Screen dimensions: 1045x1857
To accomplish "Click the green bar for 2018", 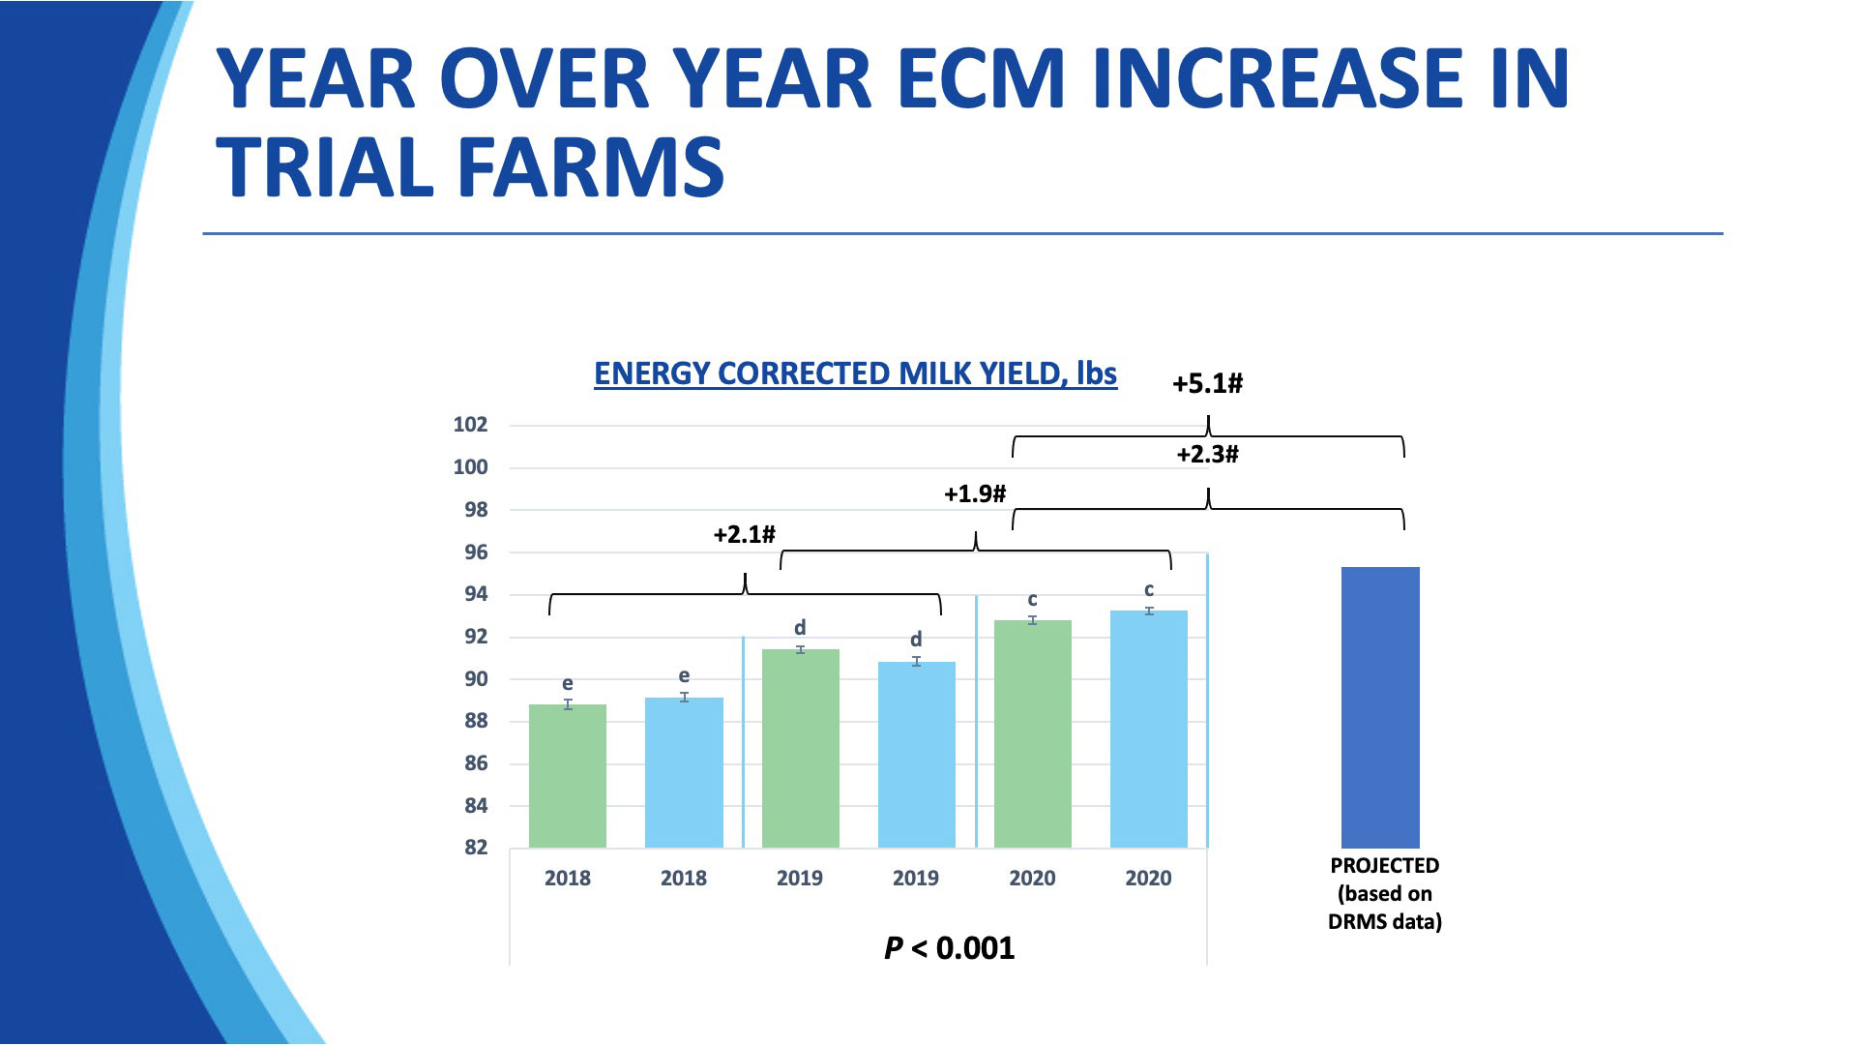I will pyautogui.click(x=568, y=776).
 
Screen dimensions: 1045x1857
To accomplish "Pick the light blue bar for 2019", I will pyautogui.click(x=916, y=755).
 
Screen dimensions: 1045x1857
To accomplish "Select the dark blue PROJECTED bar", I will pyautogui.click(x=1380, y=707).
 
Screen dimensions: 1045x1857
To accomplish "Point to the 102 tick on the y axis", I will pyautogui.click(x=471, y=425).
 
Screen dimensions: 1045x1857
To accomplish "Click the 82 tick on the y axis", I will pyautogui.click(x=476, y=848).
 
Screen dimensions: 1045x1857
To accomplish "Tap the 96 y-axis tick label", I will pyautogui.click(x=476, y=552).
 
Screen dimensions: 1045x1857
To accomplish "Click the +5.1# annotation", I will pyautogui.click(x=1207, y=384).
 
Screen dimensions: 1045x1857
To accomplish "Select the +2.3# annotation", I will pyautogui.click(x=1207, y=455).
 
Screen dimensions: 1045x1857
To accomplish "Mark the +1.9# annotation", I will pyautogui.click(x=975, y=494).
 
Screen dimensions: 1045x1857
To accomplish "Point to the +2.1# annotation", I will pyautogui.click(x=744, y=535).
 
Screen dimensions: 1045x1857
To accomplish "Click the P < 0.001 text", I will pyautogui.click(x=950, y=948).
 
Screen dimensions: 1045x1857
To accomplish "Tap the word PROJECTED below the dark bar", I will pyautogui.click(x=1384, y=866).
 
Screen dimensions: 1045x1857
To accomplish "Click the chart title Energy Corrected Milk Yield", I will pyautogui.click(x=855, y=374).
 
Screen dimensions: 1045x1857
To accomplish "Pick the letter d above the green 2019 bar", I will pyautogui.click(x=800, y=628).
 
